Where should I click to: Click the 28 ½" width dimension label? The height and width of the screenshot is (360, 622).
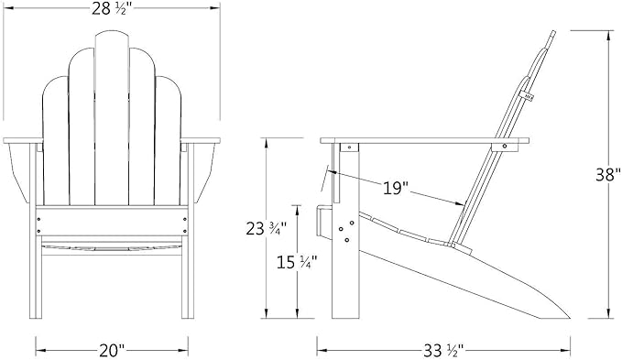pyautogui.click(x=112, y=8)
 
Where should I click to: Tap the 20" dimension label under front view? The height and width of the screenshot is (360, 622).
pyautogui.click(x=112, y=350)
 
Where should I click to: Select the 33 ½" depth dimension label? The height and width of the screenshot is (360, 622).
pyautogui.click(x=443, y=350)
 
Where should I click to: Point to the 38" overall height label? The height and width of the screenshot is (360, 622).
pyautogui.click(x=607, y=174)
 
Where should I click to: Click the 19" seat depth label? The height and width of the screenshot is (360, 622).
pyautogui.click(x=396, y=188)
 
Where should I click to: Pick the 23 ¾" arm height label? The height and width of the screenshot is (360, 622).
pyautogui.click(x=266, y=229)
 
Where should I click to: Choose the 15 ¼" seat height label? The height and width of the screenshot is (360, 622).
pyautogui.click(x=297, y=262)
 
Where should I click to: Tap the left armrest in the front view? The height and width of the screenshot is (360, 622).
pyautogui.click(x=23, y=141)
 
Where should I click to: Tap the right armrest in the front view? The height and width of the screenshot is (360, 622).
pyautogui.click(x=201, y=141)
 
